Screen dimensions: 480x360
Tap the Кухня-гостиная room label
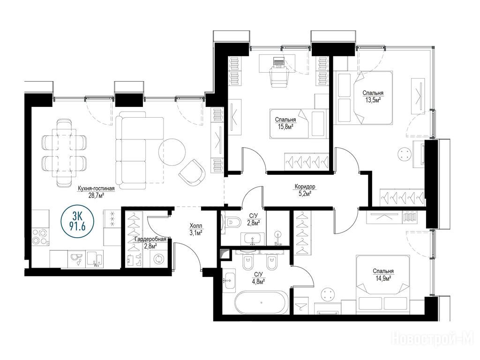tap(96, 189)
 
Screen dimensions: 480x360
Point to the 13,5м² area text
tap(373, 100)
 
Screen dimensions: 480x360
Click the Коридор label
tap(305, 187)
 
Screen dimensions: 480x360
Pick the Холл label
tap(196, 226)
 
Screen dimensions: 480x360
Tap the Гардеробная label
tap(150, 239)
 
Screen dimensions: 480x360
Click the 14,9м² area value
tap(383, 278)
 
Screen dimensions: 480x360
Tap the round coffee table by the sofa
tap(172, 152)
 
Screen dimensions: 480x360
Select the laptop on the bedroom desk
tap(278, 62)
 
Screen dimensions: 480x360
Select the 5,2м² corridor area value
tap(305, 193)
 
